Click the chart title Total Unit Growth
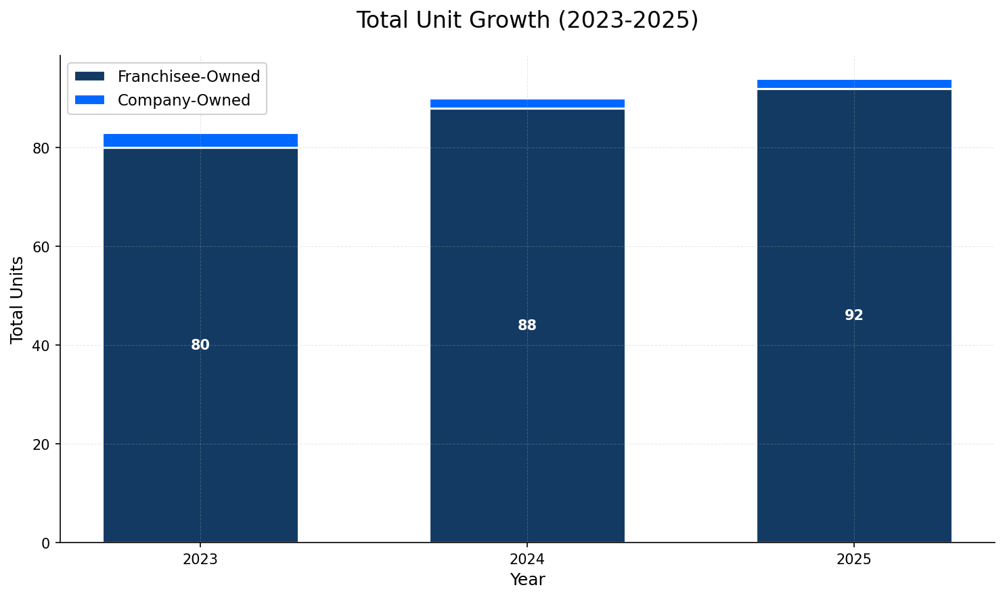(527, 20)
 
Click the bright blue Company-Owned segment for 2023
(200, 140)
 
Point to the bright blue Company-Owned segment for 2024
(527, 103)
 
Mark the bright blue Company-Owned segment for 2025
(854, 84)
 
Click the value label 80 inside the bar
(200, 345)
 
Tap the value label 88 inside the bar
(527, 325)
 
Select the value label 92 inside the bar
(854, 315)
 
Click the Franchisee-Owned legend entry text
(189, 76)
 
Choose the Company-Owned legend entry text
(183, 100)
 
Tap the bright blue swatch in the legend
(89, 100)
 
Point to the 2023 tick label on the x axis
(200, 559)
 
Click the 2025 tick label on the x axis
(854, 559)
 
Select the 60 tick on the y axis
(42, 247)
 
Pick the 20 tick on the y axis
(42, 444)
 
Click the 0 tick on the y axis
(46, 543)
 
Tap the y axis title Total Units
(18, 299)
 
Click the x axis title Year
(527, 580)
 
